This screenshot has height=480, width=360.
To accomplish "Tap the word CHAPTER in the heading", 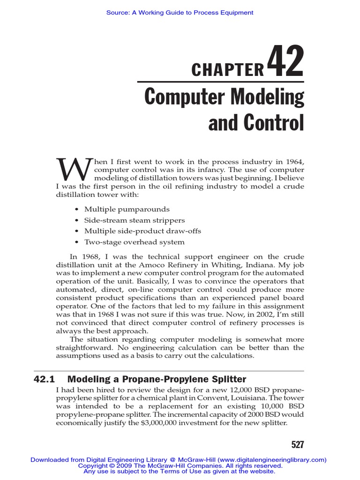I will (x=228, y=70).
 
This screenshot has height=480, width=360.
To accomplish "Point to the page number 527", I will (x=295, y=444).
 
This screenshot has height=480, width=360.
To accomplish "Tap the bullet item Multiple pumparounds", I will (x=127, y=209).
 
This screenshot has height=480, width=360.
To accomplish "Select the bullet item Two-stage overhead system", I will (x=134, y=242).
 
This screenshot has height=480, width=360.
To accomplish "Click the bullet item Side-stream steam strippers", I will (x=134, y=220).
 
